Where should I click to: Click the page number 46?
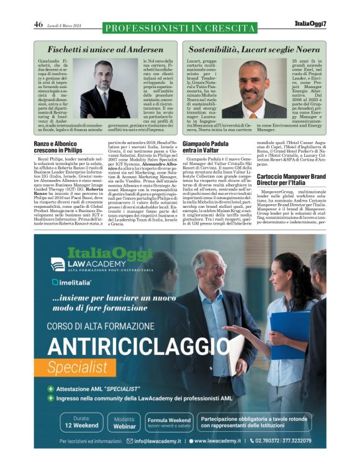tap(38, 24)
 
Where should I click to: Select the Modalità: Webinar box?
tap(125, 423)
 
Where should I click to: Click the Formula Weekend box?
tap(169, 423)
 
